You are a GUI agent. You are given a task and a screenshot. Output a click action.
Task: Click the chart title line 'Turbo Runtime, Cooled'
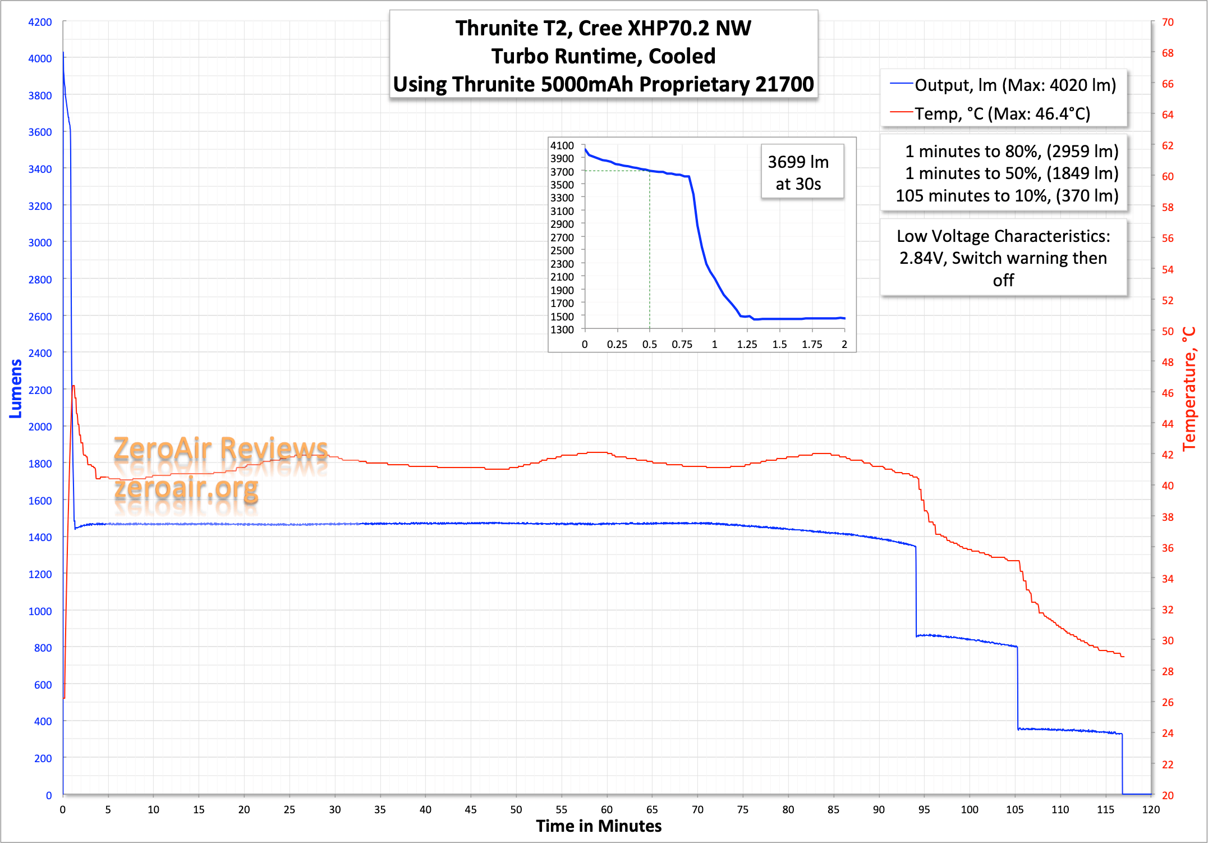[603, 56]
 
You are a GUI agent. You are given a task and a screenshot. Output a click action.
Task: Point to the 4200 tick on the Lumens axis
[40, 22]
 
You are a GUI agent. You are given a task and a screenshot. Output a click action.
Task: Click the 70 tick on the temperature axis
[1168, 22]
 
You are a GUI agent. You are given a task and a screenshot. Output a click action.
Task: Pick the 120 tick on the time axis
[1151, 809]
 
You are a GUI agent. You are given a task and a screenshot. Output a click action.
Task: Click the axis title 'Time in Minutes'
[599, 826]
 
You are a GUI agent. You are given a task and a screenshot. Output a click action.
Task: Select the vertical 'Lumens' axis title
[16, 388]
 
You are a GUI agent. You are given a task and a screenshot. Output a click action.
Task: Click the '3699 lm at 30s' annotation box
[798, 172]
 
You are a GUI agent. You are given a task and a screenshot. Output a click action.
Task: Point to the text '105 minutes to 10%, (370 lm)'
[1007, 196]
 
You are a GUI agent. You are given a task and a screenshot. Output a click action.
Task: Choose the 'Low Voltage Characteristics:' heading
[1003, 236]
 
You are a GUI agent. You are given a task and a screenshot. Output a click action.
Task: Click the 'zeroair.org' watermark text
[186, 488]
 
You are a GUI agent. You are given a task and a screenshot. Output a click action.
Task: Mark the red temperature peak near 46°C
[74, 387]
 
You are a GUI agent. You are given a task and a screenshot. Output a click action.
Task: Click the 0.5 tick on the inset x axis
[650, 344]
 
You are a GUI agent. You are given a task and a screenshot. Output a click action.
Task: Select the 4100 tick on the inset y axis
[562, 145]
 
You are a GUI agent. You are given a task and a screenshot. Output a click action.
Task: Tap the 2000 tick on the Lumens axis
[40, 427]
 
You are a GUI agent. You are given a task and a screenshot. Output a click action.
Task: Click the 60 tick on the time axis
[607, 809]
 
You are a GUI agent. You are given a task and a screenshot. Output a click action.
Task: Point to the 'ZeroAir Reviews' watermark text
[221, 449]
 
